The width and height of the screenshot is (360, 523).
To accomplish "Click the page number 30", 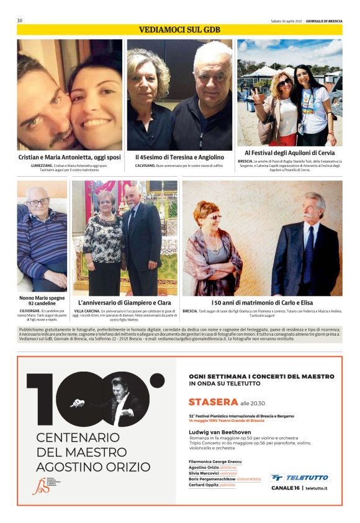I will click(20, 20).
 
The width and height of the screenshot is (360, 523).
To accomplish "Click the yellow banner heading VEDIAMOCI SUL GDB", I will click(180, 30).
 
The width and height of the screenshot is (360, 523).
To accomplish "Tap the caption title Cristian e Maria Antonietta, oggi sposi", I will click(70, 158).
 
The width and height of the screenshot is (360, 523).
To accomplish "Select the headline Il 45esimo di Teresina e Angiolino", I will click(179, 158).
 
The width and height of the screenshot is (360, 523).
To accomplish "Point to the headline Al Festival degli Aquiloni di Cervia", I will click(289, 153).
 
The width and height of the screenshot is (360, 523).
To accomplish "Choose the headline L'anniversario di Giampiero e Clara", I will click(124, 303).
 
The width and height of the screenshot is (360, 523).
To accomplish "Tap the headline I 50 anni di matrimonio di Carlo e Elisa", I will click(262, 303).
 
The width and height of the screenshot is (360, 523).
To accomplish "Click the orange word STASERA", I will click(213, 402).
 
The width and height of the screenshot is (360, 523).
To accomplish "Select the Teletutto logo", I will click(300, 478).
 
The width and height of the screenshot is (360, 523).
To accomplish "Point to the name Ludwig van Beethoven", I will click(220, 432).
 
